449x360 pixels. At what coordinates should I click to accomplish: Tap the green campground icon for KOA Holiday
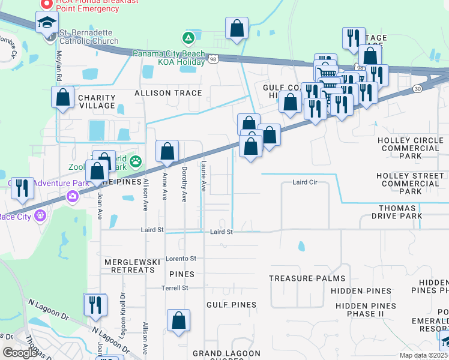click(188, 38)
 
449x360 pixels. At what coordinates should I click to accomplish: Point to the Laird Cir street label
click(304, 182)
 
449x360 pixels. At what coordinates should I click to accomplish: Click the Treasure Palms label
click(307, 278)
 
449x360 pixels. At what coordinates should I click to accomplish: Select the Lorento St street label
click(181, 259)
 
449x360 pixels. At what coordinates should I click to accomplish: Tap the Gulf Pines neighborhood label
click(231, 305)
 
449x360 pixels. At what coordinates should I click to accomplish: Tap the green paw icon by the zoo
click(137, 161)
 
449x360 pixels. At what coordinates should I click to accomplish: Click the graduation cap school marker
click(47, 23)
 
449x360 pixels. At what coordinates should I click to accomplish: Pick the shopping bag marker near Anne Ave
click(167, 151)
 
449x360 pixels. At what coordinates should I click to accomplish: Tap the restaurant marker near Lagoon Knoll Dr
click(95, 304)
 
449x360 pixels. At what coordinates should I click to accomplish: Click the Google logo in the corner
click(20, 352)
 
